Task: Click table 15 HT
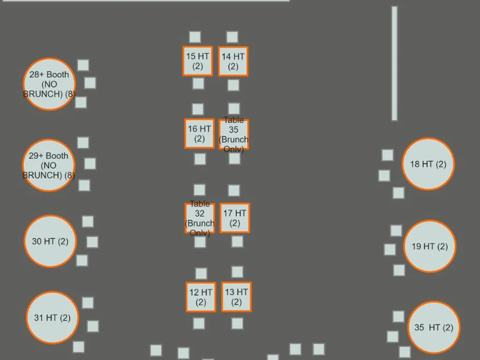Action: [197, 61]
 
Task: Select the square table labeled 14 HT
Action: [233, 61]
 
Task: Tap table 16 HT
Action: [199, 134]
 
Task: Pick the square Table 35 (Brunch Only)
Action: [234, 135]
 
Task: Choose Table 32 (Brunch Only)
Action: [200, 218]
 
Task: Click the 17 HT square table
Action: [235, 218]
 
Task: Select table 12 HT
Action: [201, 297]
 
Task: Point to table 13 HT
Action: [236, 297]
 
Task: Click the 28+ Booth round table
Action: [49, 84]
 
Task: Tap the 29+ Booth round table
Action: [49, 165]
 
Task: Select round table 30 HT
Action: [50, 241]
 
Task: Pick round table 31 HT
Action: [52, 317]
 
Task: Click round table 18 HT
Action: [428, 164]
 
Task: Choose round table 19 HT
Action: [429, 246]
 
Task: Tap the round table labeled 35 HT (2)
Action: [434, 327]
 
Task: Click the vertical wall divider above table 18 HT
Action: [395, 64]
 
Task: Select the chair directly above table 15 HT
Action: [195, 37]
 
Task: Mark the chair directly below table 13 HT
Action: [237, 323]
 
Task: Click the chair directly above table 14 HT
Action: [232, 37]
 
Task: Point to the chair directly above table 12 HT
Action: [201, 273]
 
